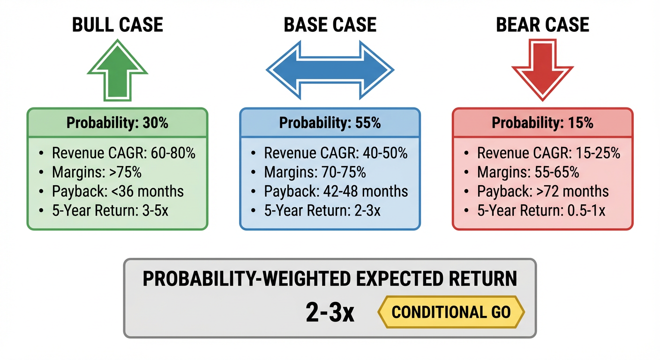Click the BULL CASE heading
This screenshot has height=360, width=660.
click(118, 25)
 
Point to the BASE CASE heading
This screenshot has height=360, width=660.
click(330, 25)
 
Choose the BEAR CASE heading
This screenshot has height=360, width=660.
click(542, 25)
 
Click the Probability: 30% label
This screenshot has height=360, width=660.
click(117, 123)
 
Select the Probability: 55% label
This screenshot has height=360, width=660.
click(330, 123)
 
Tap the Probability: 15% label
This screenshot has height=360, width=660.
click(542, 123)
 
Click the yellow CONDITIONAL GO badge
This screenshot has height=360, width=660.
click(451, 312)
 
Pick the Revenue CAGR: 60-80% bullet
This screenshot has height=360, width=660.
click(123, 153)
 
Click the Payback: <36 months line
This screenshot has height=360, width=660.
click(118, 191)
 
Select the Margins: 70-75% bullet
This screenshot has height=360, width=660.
click(315, 172)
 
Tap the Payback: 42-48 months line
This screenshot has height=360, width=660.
click(336, 191)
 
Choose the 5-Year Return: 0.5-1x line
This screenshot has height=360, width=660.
click(541, 210)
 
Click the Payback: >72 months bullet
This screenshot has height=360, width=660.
click(543, 191)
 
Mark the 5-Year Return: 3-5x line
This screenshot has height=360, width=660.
click(110, 210)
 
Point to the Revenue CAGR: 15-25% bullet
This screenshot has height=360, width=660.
click(548, 153)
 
